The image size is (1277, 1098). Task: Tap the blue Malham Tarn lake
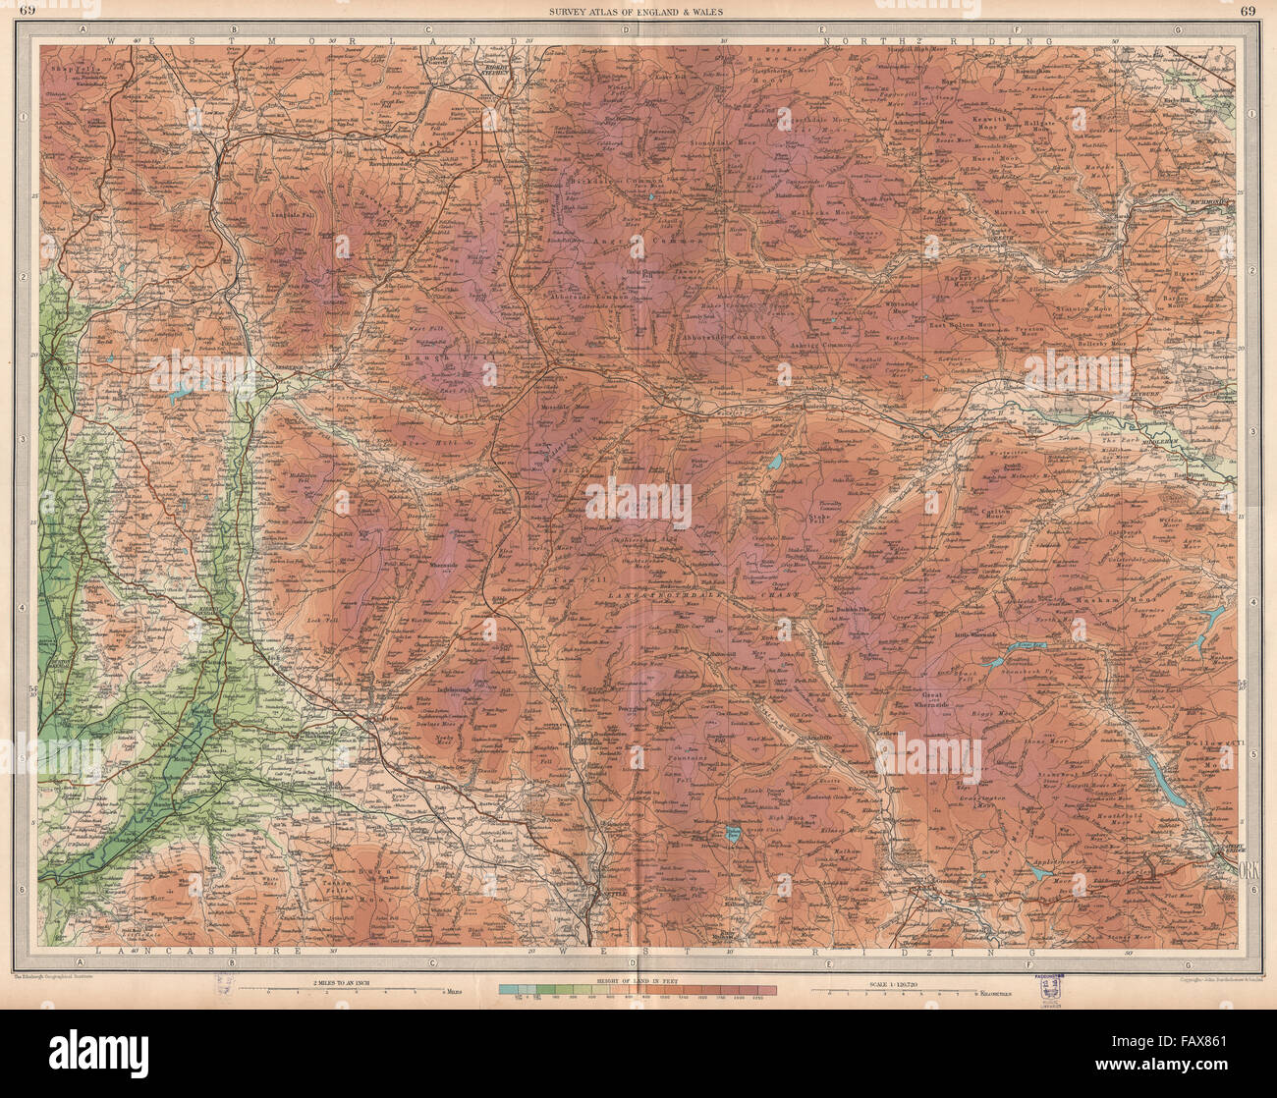pos(733,834)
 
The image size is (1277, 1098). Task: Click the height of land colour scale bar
pos(638,992)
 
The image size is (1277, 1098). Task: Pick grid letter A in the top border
pos(85,29)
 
